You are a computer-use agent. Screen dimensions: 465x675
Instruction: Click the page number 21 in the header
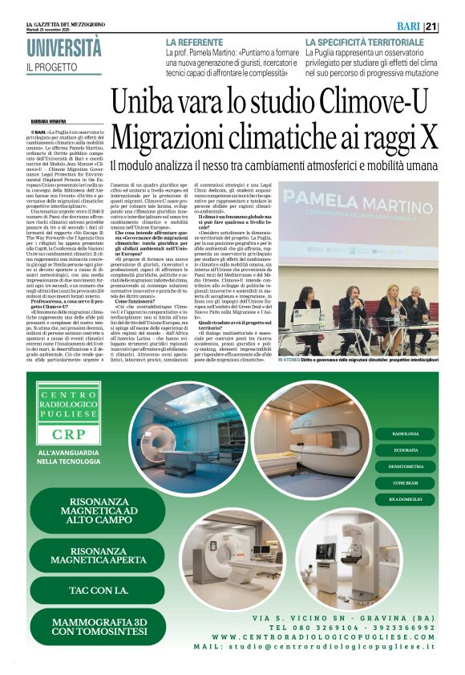tap(454, 26)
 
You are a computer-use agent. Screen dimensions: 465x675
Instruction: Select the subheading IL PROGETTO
tap(51, 68)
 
